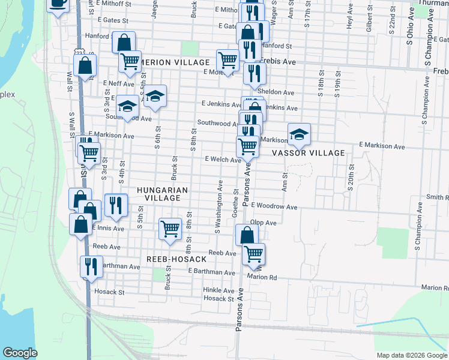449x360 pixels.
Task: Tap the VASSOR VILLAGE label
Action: [x=309, y=153]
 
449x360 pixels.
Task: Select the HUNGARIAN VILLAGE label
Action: [x=163, y=194]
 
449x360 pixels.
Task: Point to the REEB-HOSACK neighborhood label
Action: [x=176, y=259]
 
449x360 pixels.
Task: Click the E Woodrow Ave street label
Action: [x=274, y=206]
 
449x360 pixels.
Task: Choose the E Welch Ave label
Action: [x=223, y=160]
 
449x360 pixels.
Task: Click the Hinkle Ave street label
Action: [x=218, y=290]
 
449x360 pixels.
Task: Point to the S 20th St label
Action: [x=351, y=177]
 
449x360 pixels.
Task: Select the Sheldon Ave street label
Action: [x=276, y=93]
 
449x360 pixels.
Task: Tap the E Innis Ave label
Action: [x=108, y=229]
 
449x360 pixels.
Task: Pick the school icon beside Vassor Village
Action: [x=298, y=135]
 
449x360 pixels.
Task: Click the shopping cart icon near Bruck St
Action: [x=170, y=229]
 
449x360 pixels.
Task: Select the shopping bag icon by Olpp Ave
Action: [x=247, y=235]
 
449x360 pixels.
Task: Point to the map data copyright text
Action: [x=411, y=355]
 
